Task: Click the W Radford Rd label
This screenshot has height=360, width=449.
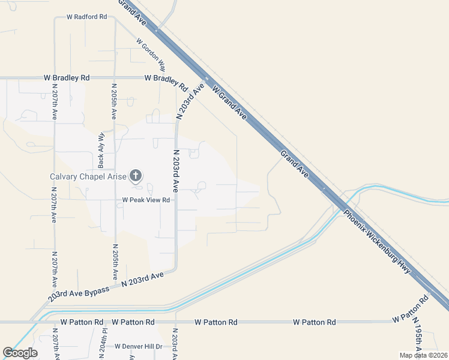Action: point(86,17)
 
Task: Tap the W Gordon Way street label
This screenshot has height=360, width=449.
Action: point(151,55)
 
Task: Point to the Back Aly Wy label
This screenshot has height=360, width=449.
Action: point(101,150)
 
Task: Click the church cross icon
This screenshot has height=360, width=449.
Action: point(136,176)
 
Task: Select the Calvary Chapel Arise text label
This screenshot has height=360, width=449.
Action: point(87,176)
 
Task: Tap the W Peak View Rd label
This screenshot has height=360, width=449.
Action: point(146,200)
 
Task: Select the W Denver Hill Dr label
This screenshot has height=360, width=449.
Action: point(139,346)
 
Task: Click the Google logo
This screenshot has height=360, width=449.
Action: point(20,353)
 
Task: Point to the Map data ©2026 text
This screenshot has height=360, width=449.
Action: point(423,355)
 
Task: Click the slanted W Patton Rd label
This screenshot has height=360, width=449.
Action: point(410,307)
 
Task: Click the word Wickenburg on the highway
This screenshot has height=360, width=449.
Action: point(382,246)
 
